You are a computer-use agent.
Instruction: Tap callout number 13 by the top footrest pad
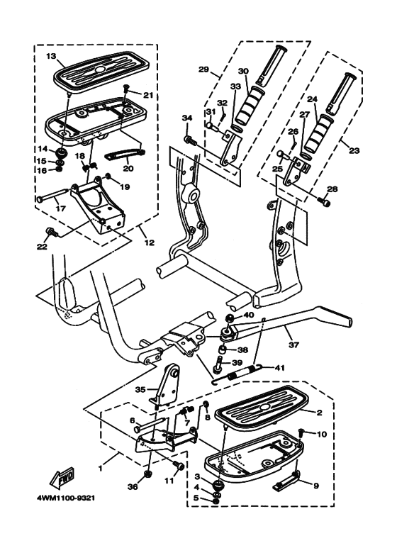click(x=51, y=56)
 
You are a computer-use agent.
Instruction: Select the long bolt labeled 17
click(x=52, y=195)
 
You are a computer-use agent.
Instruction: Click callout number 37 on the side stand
click(x=294, y=345)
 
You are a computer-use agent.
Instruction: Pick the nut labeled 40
click(x=229, y=318)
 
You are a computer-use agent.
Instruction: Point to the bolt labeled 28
click(x=324, y=201)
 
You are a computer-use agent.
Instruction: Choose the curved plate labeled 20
click(x=125, y=154)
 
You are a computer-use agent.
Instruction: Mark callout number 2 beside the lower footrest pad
click(x=319, y=413)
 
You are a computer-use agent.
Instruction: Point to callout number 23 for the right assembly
click(x=354, y=151)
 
